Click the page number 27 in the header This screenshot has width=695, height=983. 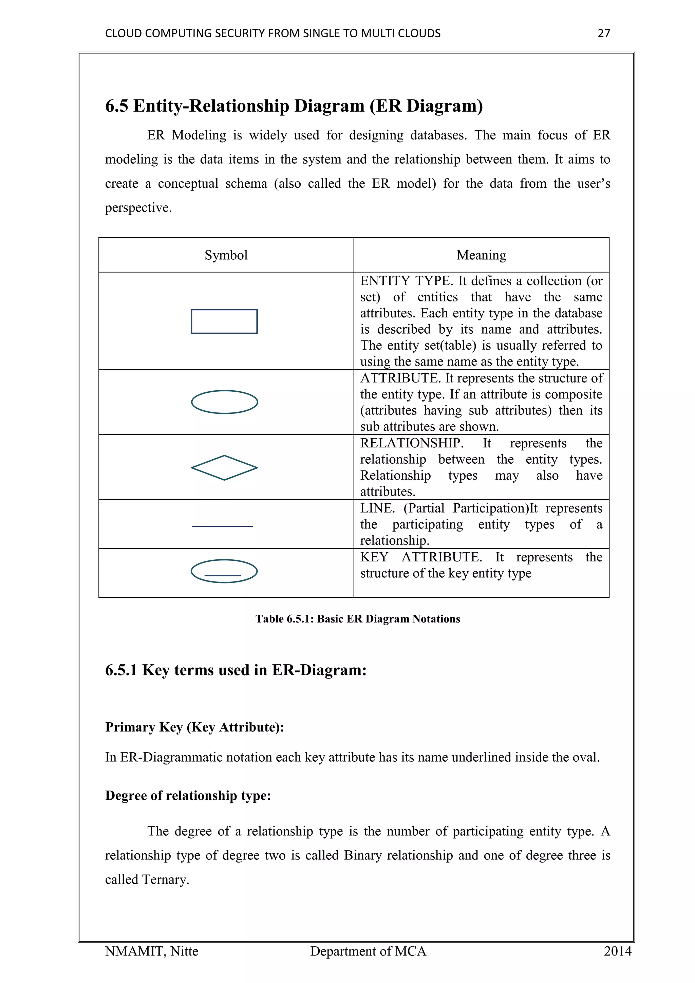603,33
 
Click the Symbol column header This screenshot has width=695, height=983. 226,255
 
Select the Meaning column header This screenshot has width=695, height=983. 481,255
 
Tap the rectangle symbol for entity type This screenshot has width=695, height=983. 224,321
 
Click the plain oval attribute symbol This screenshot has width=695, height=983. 224,402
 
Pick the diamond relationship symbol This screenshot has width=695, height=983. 224,467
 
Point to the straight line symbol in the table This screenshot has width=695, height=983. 223,526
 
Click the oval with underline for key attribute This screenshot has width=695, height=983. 224,571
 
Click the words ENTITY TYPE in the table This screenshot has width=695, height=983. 406,281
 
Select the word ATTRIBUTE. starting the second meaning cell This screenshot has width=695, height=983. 400,378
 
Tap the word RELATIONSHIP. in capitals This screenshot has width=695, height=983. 411,443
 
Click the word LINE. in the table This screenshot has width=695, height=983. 377,508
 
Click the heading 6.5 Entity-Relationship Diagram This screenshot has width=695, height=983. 294,106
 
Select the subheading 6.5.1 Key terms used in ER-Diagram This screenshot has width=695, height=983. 236,670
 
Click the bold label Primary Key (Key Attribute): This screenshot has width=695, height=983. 195,727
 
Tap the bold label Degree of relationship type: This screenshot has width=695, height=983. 188,796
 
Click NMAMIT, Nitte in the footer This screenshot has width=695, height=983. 151,951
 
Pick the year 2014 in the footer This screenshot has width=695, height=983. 617,951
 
